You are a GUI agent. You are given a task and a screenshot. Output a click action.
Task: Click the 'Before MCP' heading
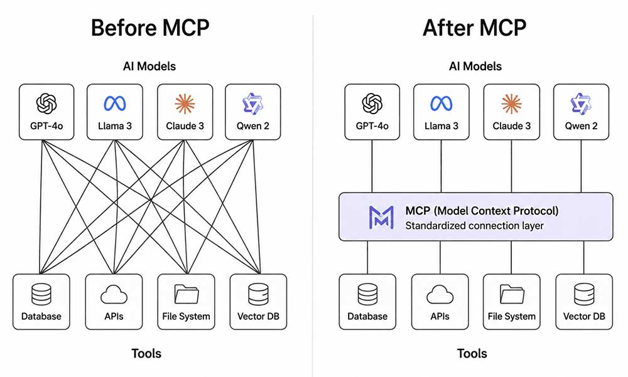point(150,28)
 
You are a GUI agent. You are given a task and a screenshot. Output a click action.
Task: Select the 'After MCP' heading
point(475,28)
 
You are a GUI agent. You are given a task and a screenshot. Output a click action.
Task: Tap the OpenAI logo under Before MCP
point(46,104)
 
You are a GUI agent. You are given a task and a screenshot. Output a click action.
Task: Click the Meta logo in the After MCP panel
point(441,104)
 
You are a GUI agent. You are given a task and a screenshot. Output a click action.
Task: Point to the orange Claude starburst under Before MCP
point(185,104)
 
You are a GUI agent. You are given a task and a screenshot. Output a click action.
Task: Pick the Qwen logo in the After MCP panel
point(581,104)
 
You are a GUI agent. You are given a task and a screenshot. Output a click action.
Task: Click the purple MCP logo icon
point(381,217)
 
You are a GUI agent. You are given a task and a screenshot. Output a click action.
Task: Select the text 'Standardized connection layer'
point(474,226)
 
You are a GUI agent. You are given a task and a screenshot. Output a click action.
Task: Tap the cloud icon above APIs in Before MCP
point(114,294)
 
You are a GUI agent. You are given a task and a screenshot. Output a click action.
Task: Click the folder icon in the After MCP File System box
point(512,294)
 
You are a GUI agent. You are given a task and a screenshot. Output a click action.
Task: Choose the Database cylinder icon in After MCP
point(367,294)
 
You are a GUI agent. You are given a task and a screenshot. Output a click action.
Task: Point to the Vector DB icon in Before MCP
point(258,294)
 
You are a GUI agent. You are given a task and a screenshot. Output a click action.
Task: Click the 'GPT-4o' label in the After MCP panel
point(372,126)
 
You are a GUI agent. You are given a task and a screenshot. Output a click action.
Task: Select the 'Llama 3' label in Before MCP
point(114,126)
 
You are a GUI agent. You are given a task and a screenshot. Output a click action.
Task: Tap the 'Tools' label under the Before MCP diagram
point(146,353)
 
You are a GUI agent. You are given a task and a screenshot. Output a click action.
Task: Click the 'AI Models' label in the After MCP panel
point(475,66)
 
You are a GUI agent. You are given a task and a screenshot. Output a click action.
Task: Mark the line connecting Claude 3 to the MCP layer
point(511,166)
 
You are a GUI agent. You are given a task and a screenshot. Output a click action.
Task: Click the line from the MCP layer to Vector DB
point(584,257)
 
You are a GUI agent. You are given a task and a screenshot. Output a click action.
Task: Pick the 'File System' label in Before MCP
point(186,317)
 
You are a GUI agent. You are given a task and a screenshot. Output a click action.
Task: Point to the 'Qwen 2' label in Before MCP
point(252,126)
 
